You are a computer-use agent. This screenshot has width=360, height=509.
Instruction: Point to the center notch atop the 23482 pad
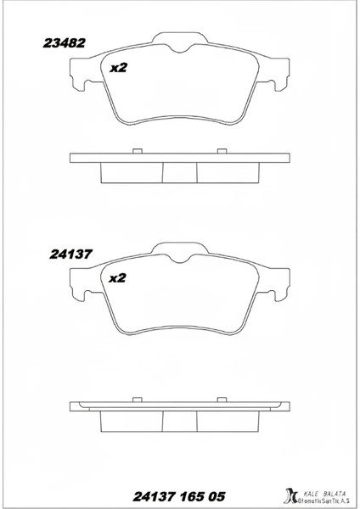179,48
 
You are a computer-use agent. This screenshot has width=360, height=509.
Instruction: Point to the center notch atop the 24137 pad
179,256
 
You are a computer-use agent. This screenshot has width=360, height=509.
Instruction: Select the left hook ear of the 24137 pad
82,285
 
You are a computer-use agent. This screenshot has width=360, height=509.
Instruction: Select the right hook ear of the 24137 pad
278,285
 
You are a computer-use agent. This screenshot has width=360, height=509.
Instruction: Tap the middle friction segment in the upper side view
179,172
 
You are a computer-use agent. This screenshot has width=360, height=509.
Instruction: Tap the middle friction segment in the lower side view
179,422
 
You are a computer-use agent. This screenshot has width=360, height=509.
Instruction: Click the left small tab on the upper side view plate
136,151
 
